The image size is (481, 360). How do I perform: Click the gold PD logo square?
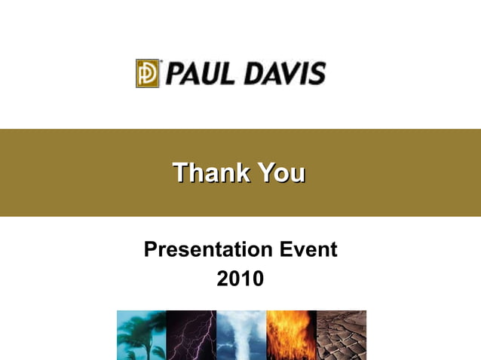[x=148, y=73]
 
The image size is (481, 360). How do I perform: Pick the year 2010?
[x=240, y=279]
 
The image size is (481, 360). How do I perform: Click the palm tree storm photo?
[x=141, y=334]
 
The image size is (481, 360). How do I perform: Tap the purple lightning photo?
[x=191, y=334]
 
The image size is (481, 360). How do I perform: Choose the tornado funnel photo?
[x=240, y=334]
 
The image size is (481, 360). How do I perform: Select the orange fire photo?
[x=291, y=334]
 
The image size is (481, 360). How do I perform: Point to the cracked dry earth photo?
[x=342, y=334]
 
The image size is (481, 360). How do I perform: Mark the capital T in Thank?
[x=180, y=172]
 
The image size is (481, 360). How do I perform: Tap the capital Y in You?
[x=265, y=172]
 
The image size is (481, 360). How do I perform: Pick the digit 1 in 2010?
[x=247, y=279]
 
